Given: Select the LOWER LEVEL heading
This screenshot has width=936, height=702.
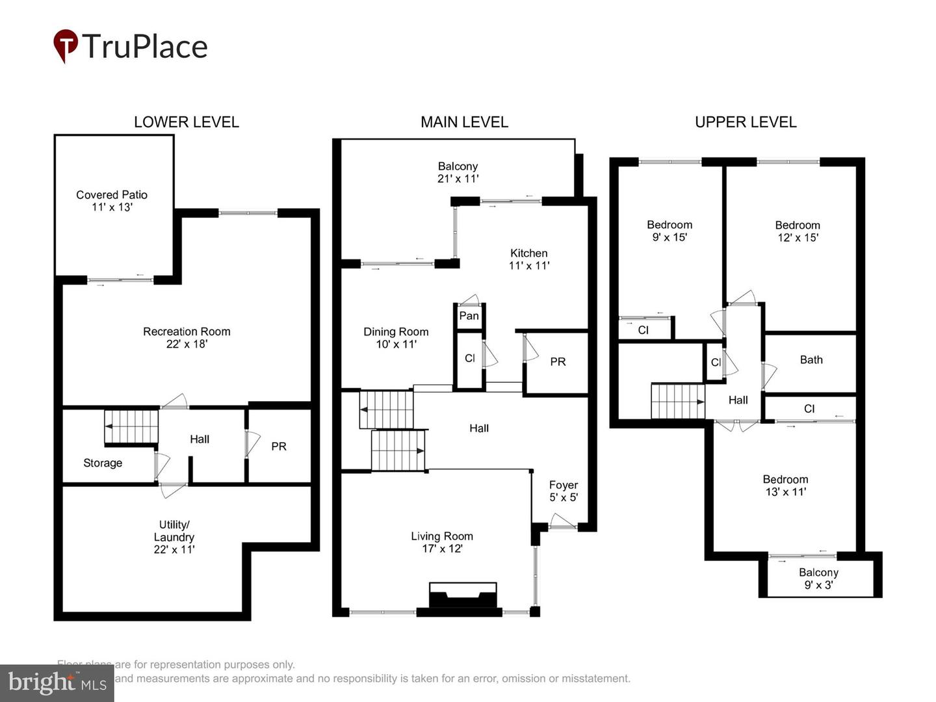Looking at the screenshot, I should pyautogui.click(x=186, y=122).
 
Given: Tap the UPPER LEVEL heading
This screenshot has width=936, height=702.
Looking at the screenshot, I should pyautogui.click(x=746, y=122).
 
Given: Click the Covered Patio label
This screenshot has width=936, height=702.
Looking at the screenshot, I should pyautogui.click(x=112, y=201).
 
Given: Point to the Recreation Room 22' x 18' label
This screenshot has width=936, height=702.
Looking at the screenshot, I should pyautogui.click(x=187, y=337).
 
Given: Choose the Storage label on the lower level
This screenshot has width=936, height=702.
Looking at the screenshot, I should pyautogui.click(x=103, y=463).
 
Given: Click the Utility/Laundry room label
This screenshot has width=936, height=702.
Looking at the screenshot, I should pyautogui.click(x=174, y=537).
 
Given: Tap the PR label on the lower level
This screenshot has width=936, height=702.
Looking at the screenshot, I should pyautogui.click(x=279, y=447).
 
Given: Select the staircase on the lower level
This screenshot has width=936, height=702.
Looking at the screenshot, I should pyautogui.click(x=131, y=426).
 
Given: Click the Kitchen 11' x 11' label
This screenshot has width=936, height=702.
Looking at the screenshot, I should pyautogui.click(x=528, y=259).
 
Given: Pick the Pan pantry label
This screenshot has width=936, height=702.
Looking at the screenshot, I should pyautogui.click(x=469, y=316).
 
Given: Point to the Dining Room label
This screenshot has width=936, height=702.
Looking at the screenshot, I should pyautogui.click(x=396, y=338).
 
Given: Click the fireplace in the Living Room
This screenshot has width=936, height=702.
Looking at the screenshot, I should pyautogui.click(x=463, y=597).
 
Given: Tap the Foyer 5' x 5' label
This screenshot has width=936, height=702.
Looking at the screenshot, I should pyautogui.click(x=563, y=491).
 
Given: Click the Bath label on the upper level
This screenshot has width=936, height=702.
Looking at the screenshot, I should pyautogui.click(x=811, y=359).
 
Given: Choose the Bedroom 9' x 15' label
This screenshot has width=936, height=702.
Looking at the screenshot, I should pyautogui.click(x=669, y=231).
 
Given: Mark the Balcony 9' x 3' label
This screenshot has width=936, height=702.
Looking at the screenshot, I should pyautogui.click(x=818, y=578).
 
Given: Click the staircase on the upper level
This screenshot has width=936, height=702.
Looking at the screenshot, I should pyautogui.click(x=678, y=401).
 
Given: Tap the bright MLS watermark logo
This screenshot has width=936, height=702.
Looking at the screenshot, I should pyautogui.click(x=57, y=682).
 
